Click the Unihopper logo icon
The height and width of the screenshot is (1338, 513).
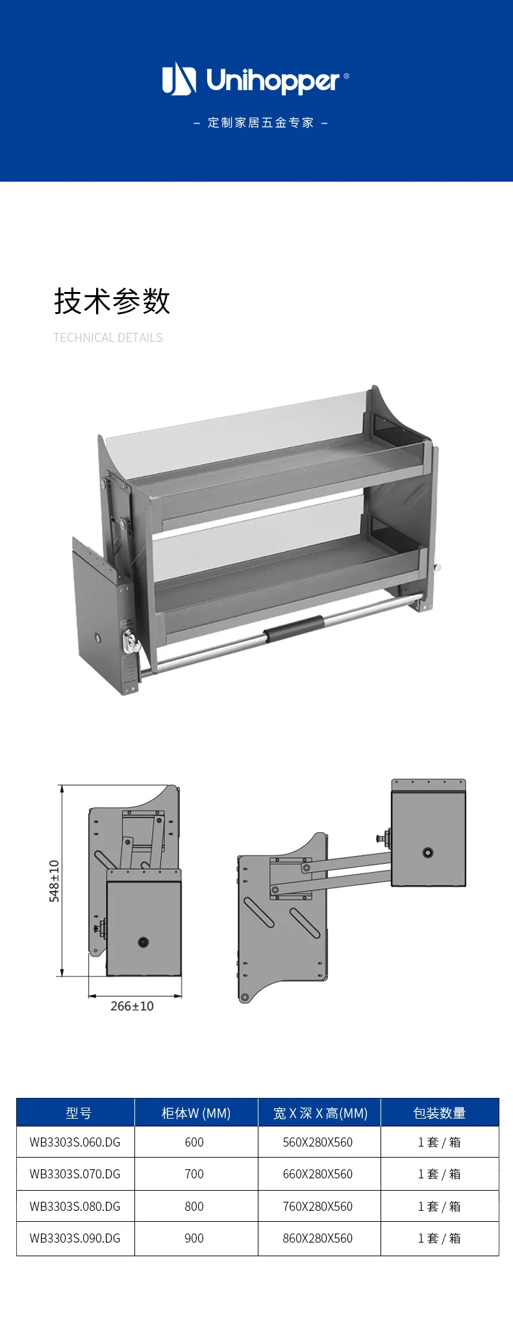[x=179, y=79]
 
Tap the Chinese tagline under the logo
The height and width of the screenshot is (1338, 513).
[x=260, y=123]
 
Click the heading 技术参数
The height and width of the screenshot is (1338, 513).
[x=112, y=301]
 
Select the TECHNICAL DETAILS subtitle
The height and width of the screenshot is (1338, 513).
[x=108, y=337]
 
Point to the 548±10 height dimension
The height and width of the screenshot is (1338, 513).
[x=55, y=881]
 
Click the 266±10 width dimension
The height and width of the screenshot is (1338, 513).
[x=132, y=1006]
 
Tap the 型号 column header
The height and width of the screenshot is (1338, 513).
[x=79, y=1113]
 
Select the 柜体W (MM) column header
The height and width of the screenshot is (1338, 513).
[x=196, y=1113]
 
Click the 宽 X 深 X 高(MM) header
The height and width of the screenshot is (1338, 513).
[x=320, y=1113]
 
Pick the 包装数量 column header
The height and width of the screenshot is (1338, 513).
[x=440, y=1113]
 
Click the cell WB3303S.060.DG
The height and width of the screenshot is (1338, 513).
[x=75, y=1142]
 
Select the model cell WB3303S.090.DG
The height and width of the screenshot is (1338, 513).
[x=75, y=1238]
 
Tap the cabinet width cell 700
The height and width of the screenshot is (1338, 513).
[x=194, y=1174]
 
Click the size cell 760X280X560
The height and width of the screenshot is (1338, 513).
[x=318, y=1206]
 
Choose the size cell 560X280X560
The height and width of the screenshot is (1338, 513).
[x=318, y=1142]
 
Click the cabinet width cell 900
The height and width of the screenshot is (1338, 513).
[x=194, y=1238]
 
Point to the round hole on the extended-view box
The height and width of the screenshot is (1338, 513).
[x=428, y=853]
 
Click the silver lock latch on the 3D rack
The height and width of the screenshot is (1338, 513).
[x=132, y=642]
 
